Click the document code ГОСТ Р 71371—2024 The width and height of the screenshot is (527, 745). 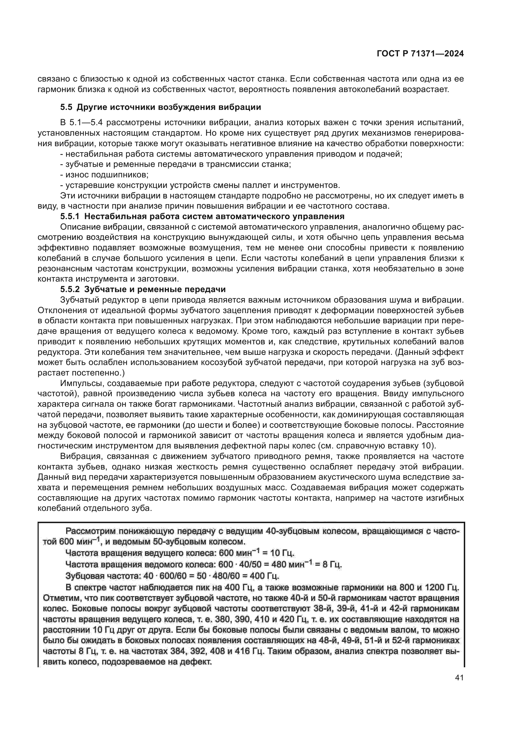coord(420,54)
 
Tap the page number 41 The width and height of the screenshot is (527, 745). coord(459,678)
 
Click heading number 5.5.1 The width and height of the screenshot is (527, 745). coord(70,216)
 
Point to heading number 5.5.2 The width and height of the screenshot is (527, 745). coord(70,289)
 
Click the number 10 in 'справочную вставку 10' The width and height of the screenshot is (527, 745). coord(428,446)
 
